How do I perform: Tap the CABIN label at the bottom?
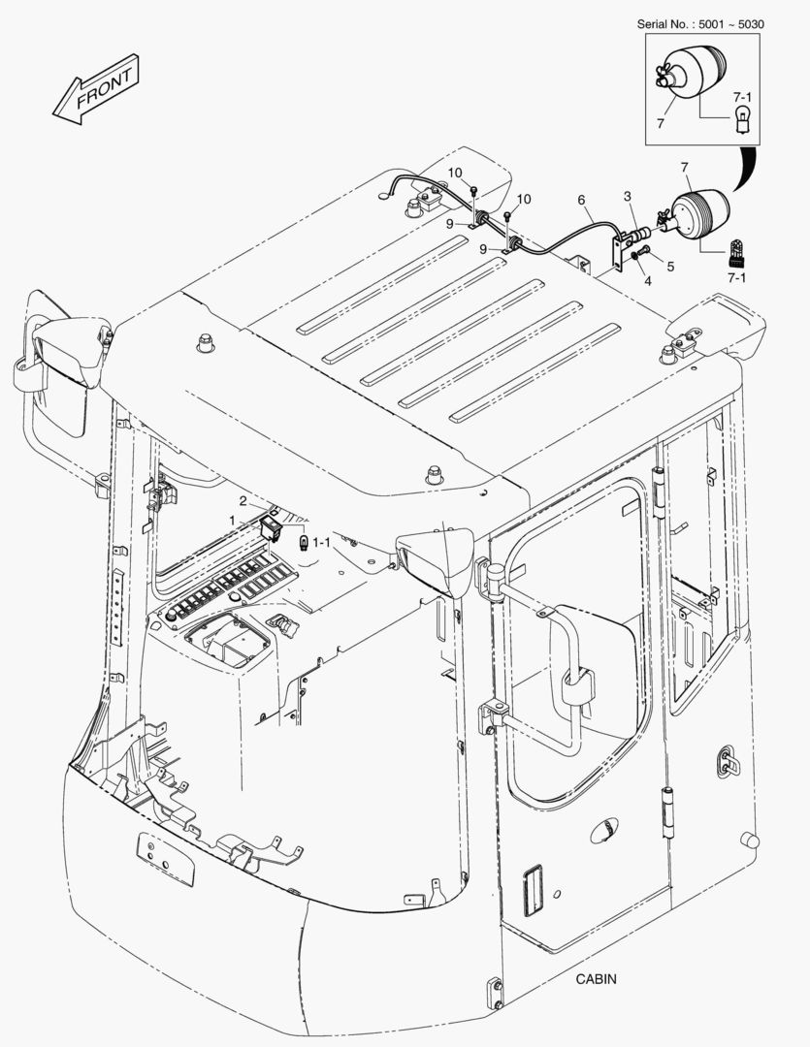click(x=595, y=979)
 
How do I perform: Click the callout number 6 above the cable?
click(x=582, y=201)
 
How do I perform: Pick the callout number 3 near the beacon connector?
click(x=628, y=197)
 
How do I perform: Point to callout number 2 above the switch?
click(x=243, y=501)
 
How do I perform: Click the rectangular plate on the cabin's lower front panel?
click(x=164, y=858)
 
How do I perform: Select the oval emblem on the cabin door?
click(x=603, y=831)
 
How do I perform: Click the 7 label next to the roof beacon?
click(x=684, y=169)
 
